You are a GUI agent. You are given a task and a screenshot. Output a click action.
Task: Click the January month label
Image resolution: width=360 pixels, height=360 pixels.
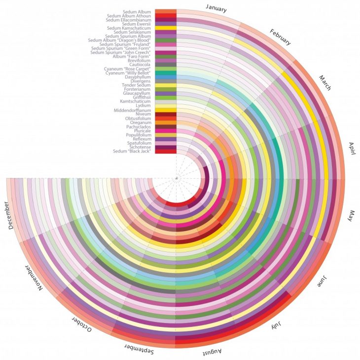217,8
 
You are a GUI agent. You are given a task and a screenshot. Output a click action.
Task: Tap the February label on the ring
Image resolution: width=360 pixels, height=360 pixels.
280,37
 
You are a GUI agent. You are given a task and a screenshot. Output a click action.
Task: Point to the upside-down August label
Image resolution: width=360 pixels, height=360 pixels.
215,353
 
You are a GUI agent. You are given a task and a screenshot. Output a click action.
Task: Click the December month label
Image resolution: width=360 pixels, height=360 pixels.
10,215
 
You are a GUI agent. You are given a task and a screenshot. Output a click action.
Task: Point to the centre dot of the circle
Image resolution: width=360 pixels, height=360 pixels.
176,177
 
